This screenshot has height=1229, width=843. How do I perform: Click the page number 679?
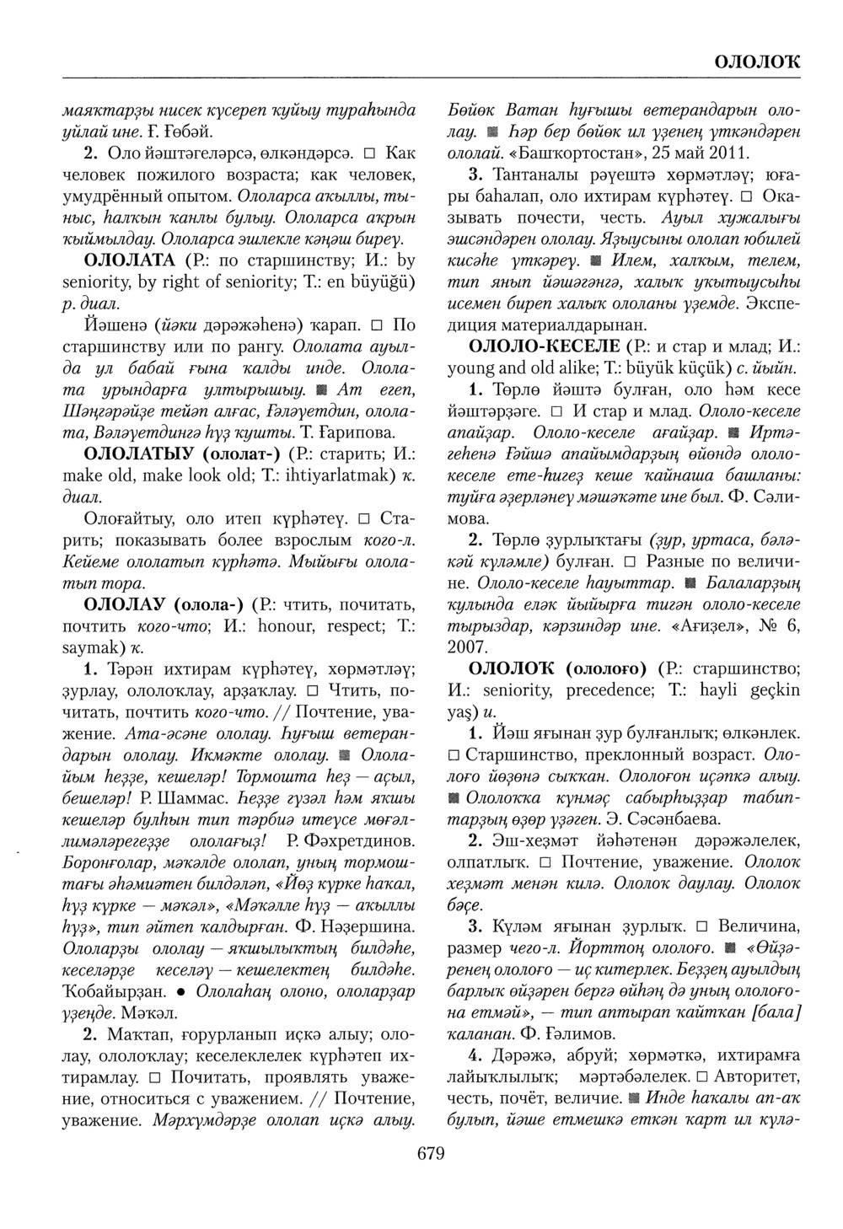[430, 1153]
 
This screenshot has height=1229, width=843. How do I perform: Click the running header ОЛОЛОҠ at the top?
[757, 62]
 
